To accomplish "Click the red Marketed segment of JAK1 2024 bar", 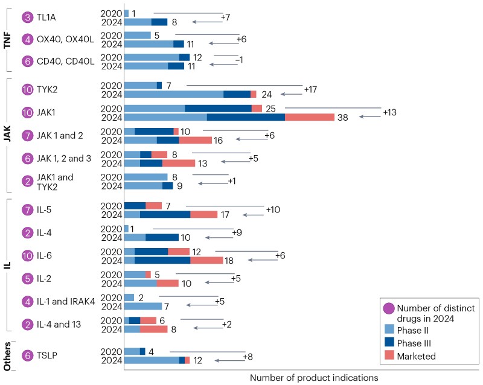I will coord(309,117).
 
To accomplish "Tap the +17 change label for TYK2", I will coord(310,89).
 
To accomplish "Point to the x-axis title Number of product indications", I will coord(313,377).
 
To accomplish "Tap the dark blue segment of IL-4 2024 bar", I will coord(162,237).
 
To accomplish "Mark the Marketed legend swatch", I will coord(388,356).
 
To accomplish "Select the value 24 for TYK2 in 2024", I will coord(267,94).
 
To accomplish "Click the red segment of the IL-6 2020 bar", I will coord(179,251).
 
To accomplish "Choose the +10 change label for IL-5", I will coord(273,209).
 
